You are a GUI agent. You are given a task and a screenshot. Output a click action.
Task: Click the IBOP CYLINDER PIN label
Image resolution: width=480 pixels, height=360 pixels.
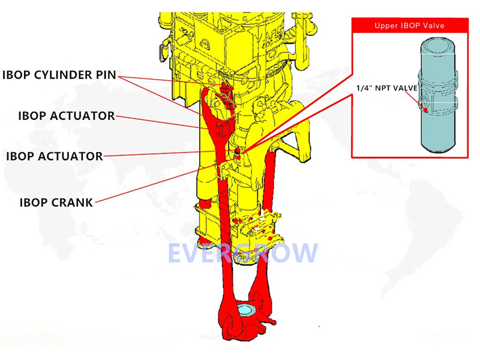click(58, 76)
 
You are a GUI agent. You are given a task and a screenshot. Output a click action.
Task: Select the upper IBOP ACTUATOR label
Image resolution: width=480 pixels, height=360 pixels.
click(66, 116)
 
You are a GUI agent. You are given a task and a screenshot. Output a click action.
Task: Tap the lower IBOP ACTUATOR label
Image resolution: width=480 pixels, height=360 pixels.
click(54, 156)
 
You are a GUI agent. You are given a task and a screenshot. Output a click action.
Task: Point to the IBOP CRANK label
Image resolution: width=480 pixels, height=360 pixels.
click(56, 202)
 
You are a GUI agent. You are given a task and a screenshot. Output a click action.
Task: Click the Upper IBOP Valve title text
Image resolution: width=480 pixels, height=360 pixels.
click(410, 26)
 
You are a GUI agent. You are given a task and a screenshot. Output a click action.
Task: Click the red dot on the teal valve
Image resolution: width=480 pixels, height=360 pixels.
click(425, 110)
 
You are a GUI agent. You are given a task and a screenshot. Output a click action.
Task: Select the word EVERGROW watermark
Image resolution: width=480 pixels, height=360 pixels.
click(242, 253)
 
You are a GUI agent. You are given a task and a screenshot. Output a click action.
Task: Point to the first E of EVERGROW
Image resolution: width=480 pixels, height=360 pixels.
click(176, 253)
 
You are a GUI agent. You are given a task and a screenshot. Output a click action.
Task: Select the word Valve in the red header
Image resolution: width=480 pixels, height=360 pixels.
click(433, 26)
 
